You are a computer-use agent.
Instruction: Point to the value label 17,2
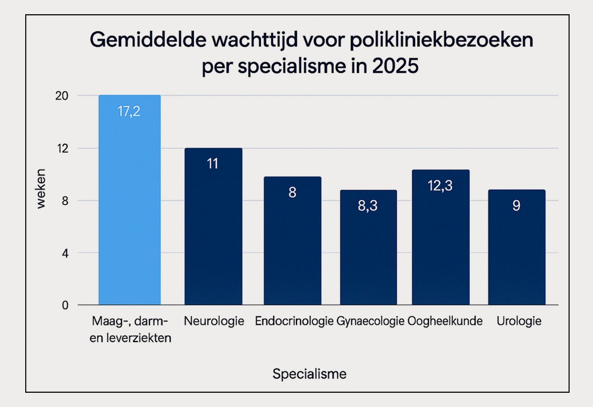(129, 112)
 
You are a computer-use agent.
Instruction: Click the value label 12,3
(441, 187)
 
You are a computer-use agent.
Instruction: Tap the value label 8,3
(367, 206)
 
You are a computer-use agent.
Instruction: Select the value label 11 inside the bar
(212, 164)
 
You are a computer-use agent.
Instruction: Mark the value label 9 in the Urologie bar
(516, 206)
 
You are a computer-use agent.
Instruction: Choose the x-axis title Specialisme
(310, 374)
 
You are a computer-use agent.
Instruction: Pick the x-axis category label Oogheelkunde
(445, 321)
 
